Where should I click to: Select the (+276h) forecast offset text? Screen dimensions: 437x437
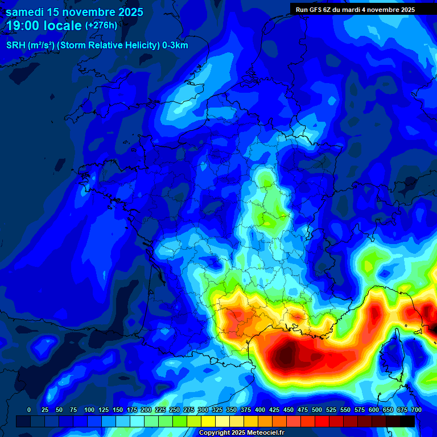point(101,26)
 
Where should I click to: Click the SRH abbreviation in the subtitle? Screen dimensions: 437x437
point(16,46)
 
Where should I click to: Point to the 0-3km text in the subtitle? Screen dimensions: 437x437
point(175,46)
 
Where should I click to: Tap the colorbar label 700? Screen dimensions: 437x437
point(417,410)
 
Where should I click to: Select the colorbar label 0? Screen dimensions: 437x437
point(29,410)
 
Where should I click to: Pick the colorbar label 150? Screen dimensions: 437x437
point(118,410)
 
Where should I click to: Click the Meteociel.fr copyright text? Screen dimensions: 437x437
point(241,432)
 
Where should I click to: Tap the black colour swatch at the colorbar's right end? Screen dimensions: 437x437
point(407,421)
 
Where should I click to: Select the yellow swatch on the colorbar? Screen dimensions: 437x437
point(208,421)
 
